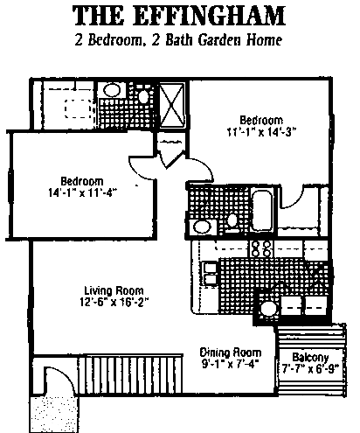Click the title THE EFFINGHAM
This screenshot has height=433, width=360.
coord(178,16)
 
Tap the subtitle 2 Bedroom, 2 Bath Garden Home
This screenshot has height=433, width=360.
coord(178,40)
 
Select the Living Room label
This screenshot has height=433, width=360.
coord(114,290)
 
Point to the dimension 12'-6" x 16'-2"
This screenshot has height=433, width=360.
coord(114,302)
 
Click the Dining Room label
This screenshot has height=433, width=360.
coord(231,353)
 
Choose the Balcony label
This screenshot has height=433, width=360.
coord(310,358)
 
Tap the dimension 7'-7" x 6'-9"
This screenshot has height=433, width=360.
coord(310,369)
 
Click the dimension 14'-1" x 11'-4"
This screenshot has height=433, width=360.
coord(82,192)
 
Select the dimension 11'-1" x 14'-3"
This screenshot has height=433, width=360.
coord(261,132)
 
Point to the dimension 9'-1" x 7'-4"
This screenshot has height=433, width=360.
coord(231,364)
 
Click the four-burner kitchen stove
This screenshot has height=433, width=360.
coord(261,248)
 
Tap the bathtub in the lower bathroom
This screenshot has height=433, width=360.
coord(262,210)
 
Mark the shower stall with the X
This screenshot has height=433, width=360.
coord(172,105)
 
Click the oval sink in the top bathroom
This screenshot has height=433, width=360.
coord(112,90)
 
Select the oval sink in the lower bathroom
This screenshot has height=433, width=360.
coord(202,227)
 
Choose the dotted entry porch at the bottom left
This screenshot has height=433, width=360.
coord(54,414)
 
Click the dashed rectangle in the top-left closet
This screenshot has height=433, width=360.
coord(78,108)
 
